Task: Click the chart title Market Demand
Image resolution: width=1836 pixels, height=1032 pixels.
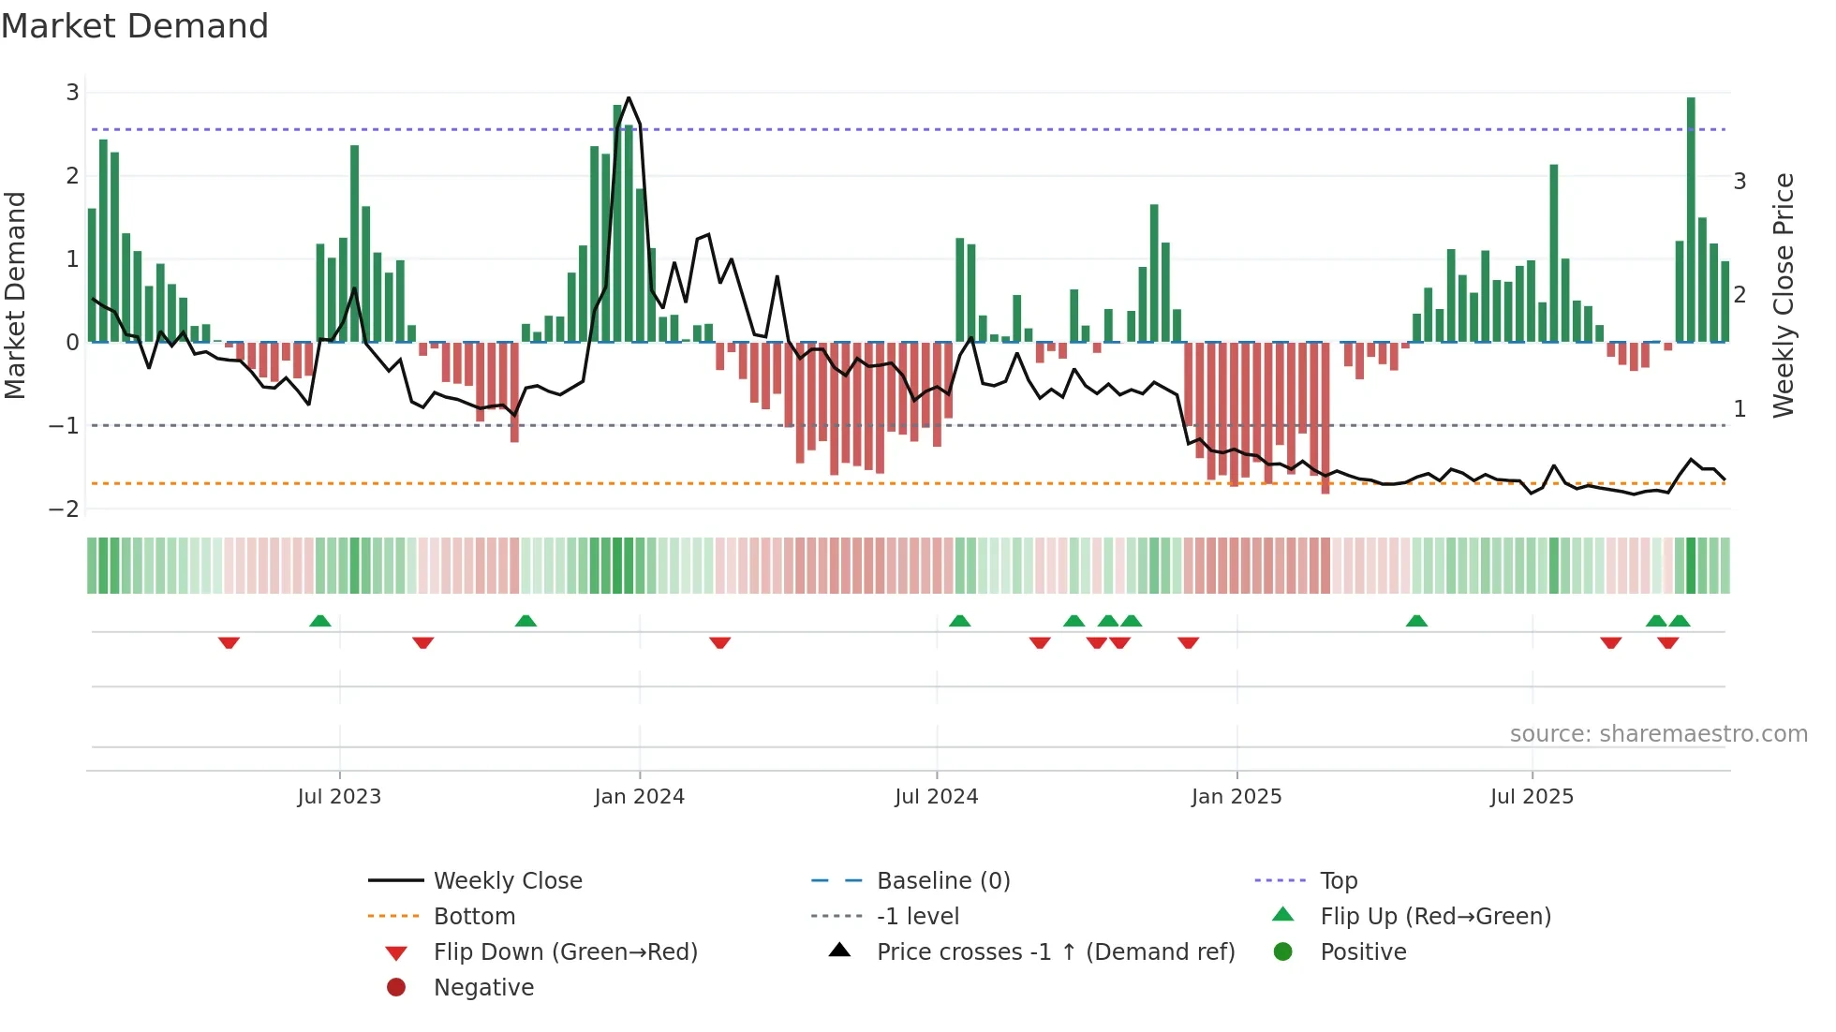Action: [x=135, y=26]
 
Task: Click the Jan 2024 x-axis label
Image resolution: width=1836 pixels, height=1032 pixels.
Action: [x=639, y=797]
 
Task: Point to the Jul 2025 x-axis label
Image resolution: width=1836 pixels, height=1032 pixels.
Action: [x=1532, y=797]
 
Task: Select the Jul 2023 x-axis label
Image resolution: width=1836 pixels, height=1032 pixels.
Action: [x=339, y=797]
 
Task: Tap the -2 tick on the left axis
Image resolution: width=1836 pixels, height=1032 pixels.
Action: [x=64, y=509]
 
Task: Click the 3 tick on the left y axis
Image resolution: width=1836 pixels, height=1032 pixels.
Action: [x=72, y=93]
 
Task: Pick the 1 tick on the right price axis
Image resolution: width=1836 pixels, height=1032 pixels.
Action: [x=1740, y=409]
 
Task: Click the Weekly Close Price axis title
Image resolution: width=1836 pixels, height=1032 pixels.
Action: [x=1784, y=295]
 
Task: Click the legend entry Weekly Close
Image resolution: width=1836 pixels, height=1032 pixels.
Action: [x=507, y=881]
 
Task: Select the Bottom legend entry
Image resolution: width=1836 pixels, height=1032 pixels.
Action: [x=474, y=917]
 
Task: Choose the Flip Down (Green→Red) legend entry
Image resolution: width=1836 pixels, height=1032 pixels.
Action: [x=565, y=952]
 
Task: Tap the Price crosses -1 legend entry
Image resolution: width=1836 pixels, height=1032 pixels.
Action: [x=1055, y=952]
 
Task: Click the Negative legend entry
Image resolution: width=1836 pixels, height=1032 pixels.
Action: [x=483, y=988]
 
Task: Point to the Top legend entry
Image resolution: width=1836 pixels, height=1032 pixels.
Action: [x=1338, y=881]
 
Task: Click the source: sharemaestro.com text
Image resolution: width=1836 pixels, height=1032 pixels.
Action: [x=1658, y=734]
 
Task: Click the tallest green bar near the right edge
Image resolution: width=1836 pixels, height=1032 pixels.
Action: [x=1691, y=220]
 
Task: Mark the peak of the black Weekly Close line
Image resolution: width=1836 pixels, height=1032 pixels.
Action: [x=629, y=98]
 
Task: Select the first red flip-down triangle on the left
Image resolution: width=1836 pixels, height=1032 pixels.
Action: [x=229, y=642]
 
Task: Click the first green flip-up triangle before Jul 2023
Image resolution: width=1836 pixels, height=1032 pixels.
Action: [x=320, y=621]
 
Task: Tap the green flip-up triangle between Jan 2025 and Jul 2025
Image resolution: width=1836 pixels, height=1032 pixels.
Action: [x=1416, y=621]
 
